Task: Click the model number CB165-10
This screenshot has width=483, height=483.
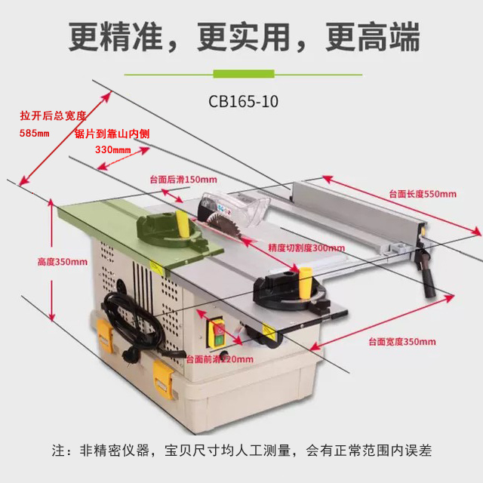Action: (243, 100)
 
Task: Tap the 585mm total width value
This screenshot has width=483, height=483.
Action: (35, 134)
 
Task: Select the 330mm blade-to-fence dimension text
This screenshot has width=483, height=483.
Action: (112, 149)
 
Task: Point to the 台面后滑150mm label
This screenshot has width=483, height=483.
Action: (183, 180)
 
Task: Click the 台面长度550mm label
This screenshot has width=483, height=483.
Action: (423, 194)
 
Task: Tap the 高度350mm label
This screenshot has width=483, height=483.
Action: (63, 262)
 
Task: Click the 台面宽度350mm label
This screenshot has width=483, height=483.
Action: (402, 342)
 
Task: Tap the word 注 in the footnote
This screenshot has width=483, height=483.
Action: (58, 451)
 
